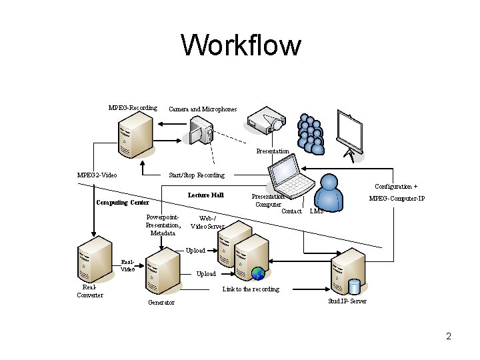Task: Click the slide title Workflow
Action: click(241, 46)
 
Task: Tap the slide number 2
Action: click(449, 337)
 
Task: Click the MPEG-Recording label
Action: click(133, 108)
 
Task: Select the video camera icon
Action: click(201, 131)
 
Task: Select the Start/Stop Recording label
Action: click(197, 175)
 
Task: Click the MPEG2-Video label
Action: click(97, 175)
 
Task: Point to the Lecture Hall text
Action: click(205, 195)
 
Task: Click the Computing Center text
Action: click(123, 203)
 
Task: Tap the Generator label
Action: click(161, 303)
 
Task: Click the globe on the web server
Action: click(259, 273)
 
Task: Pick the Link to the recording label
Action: click(251, 289)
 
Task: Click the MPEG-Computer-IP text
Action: click(397, 199)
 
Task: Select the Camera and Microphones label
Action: click(203, 109)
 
